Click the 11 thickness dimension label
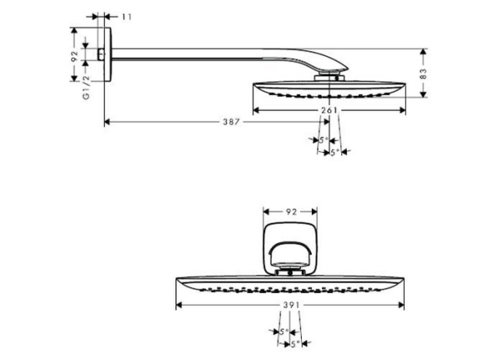click(x=127, y=17)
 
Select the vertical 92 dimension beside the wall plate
click(x=75, y=56)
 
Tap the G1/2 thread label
click(x=86, y=87)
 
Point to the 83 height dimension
click(x=423, y=74)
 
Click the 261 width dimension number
click(x=329, y=110)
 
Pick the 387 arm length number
click(x=231, y=122)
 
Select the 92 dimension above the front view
click(x=291, y=211)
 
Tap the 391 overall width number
click(x=291, y=305)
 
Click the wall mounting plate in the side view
click(x=108, y=55)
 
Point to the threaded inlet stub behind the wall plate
click(x=101, y=55)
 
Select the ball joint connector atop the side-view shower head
click(x=329, y=78)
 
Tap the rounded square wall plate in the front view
click(x=290, y=249)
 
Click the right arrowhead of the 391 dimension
click(x=401, y=305)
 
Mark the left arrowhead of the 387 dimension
click(x=107, y=122)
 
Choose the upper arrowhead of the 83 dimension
click(x=423, y=52)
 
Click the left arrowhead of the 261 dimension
click(x=257, y=110)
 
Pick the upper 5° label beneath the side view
click(x=324, y=140)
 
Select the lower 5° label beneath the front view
click(x=295, y=343)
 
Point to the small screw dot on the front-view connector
click(x=290, y=274)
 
